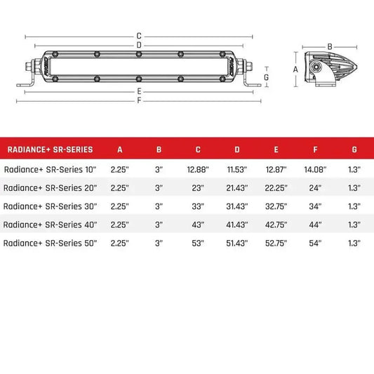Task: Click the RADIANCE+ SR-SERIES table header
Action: click(48, 149)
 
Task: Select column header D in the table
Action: click(237, 149)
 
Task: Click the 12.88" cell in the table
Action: click(199, 169)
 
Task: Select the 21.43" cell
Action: click(237, 188)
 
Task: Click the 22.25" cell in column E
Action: click(276, 188)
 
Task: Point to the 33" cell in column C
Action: click(199, 206)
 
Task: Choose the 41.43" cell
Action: click(237, 225)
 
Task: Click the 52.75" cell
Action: click(276, 243)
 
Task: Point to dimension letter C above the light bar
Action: click(140, 35)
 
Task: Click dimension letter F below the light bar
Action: click(140, 100)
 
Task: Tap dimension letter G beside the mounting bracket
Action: click(267, 76)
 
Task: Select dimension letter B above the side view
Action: click(330, 47)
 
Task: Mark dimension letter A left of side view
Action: click(296, 69)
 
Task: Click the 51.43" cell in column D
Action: click(237, 243)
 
